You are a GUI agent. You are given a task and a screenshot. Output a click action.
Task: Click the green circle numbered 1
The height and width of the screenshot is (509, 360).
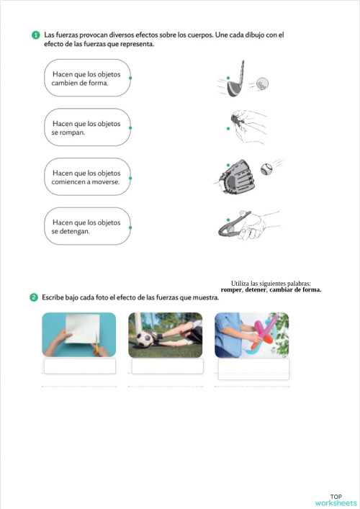coord(35,35)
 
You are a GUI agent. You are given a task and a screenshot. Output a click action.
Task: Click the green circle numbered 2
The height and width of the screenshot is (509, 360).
coord(34,297)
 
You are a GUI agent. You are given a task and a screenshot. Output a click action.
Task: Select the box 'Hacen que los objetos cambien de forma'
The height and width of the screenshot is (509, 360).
coord(87,78)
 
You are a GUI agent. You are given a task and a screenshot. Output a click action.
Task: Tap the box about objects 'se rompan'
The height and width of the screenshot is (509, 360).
coord(87,127)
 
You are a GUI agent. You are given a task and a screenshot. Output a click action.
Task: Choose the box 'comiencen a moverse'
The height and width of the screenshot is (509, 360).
coord(87,177)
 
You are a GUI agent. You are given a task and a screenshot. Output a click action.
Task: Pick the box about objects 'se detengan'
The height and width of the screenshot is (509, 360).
coord(87,227)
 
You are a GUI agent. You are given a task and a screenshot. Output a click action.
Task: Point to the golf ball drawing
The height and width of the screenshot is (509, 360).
coord(262,83)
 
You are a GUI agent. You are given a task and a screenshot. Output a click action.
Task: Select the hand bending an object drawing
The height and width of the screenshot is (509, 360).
coord(245,225)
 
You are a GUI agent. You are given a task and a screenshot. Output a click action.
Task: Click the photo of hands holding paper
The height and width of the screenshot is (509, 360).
coord(78,335)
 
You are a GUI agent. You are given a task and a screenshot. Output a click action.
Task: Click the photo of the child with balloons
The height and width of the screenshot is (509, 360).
coord(252,335)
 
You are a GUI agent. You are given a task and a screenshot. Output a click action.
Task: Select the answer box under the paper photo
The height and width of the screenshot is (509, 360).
coord(79,366)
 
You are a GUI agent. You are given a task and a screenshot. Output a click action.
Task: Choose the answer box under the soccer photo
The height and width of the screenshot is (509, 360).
coord(167,366)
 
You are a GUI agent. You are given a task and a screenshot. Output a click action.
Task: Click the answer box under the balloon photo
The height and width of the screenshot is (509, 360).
coord(253,369)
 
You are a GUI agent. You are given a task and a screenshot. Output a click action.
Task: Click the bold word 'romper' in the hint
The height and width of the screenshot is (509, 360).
coord(232,290)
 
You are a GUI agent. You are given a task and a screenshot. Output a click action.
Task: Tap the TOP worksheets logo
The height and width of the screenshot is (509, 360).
coord(336,499)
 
